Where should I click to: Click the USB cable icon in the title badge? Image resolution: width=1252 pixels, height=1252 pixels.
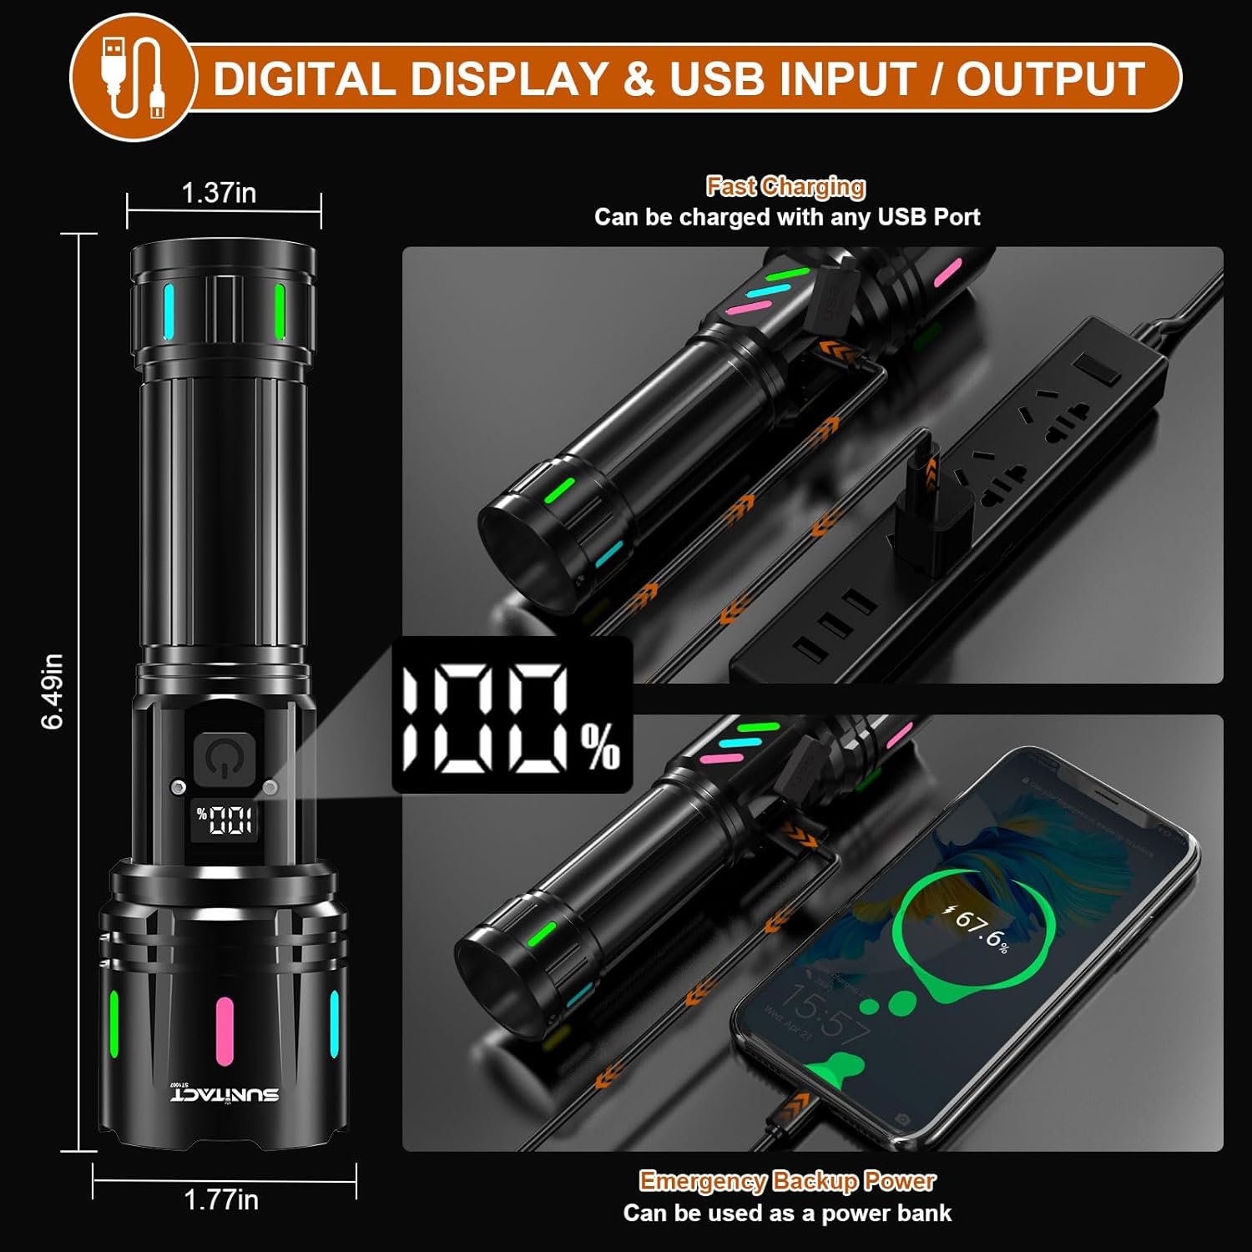tap(132, 79)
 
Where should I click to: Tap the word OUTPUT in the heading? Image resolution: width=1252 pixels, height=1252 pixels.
tap(1050, 79)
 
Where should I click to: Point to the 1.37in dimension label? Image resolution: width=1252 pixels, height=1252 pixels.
tap(219, 193)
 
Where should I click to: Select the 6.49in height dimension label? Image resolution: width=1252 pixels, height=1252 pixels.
tap(52, 691)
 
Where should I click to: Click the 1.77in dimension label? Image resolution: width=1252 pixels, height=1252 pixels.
tap(221, 1199)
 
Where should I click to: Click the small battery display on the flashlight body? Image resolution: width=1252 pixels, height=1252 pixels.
tap(224, 820)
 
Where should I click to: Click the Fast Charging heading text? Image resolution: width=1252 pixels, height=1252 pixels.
tap(785, 186)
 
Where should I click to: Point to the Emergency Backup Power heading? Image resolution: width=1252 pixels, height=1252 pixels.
tap(787, 1180)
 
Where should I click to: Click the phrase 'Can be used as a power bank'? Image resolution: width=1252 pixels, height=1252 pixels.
tap(787, 1213)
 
